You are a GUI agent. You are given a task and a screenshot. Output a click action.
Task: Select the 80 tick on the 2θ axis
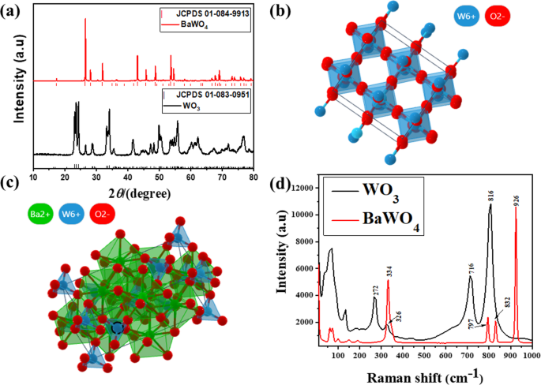pos(254,178)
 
